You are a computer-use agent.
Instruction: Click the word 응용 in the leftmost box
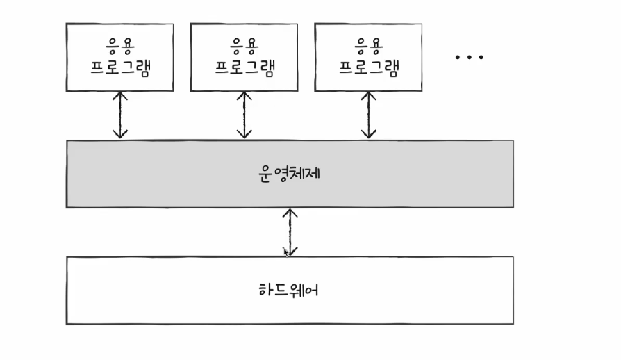pos(119,47)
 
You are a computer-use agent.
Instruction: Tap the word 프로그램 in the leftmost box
pos(119,67)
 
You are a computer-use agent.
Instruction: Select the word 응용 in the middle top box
pos(244,47)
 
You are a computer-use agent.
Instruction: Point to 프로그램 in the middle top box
pos(244,67)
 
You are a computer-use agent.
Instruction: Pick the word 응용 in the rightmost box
pos(369,47)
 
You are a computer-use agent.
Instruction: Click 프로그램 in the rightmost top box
pos(369,67)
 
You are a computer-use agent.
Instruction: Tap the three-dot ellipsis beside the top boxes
pos(469,57)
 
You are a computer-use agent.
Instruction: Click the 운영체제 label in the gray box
pos(289,173)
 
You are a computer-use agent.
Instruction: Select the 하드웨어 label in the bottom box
pos(289,289)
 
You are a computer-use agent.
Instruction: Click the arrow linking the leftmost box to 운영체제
pos(120,115)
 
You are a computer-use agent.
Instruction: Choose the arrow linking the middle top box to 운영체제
pos(244,115)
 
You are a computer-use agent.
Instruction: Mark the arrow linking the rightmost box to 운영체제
pos(369,115)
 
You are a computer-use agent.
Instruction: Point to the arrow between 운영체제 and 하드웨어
pos(290,232)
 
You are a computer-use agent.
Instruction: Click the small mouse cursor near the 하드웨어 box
pos(285,251)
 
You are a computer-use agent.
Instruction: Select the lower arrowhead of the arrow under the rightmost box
pos(369,134)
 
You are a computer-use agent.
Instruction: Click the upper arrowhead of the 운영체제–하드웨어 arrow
pos(290,213)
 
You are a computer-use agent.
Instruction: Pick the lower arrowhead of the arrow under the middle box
pos(244,134)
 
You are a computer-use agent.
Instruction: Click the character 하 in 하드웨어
pos(263,289)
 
